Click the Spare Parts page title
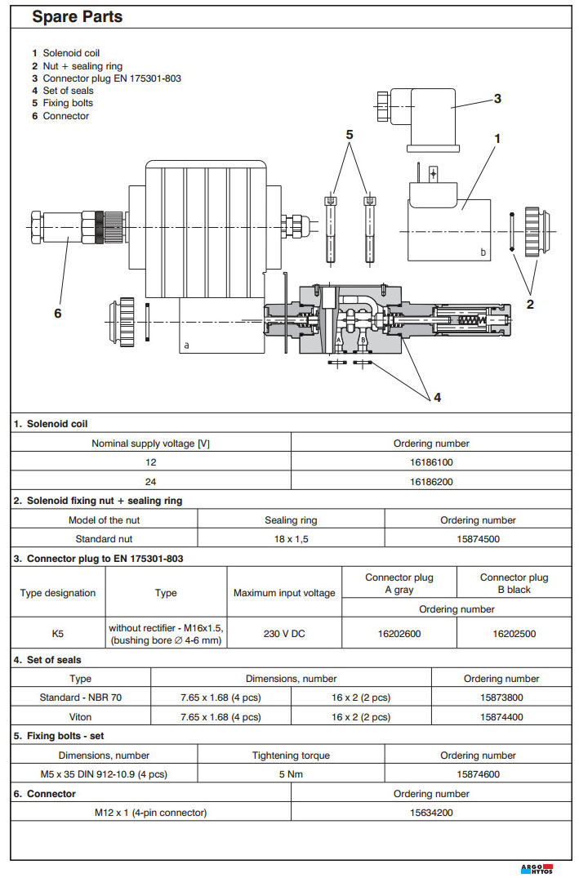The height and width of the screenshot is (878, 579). click(77, 16)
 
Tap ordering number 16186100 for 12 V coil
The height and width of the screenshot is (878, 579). click(431, 462)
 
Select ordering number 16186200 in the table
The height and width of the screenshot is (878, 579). click(431, 482)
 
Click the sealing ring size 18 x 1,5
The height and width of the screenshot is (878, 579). click(291, 539)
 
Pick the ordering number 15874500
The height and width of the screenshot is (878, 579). click(478, 539)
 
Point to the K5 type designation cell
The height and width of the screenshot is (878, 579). click(58, 633)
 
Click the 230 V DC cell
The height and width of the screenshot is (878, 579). click(284, 633)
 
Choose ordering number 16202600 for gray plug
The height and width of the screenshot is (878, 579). click(399, 633)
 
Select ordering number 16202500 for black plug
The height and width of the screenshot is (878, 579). click(514, 633)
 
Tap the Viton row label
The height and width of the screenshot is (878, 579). click(81, 717)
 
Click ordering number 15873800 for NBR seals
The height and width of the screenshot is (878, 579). click(501, 697)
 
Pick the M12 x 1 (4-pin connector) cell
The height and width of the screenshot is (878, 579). click(150, 813)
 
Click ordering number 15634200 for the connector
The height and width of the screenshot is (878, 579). click(431, 813)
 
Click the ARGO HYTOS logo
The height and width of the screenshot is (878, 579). click(536, 868)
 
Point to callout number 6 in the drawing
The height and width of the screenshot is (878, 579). click(57, 311)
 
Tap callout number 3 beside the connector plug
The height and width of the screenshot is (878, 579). click(497, 98)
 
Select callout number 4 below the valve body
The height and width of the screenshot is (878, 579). click(437, 398)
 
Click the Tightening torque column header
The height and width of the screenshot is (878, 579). click(291, 755)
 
